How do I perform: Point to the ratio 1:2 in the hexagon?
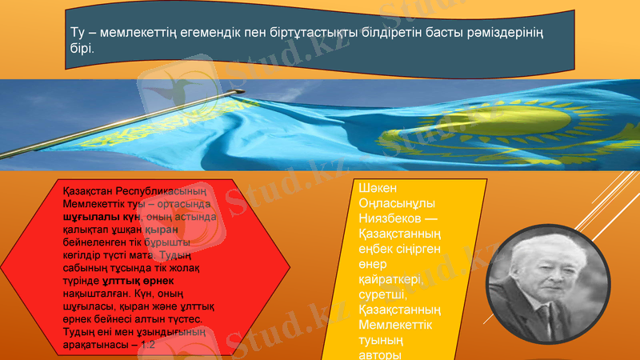(146, 344)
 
